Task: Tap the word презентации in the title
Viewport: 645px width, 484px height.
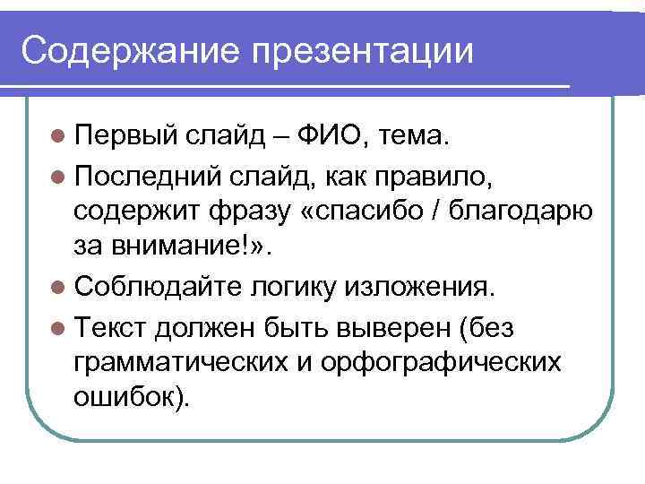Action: pyautogui.click(x=362, y=52)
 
